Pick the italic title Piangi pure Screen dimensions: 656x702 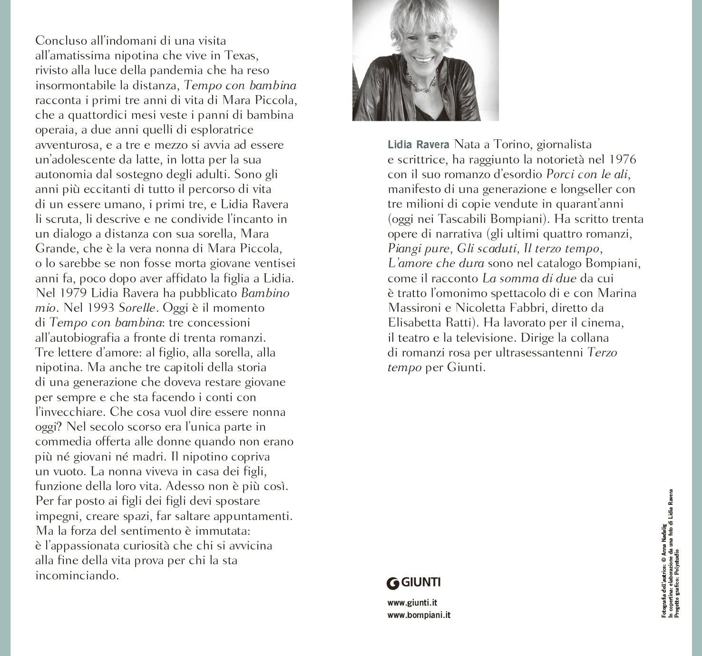tap(419, 249)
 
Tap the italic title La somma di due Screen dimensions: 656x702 tap(530, 279)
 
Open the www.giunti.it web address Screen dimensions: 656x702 tap(412, 603)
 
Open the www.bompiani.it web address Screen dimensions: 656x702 tap(419, 615)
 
